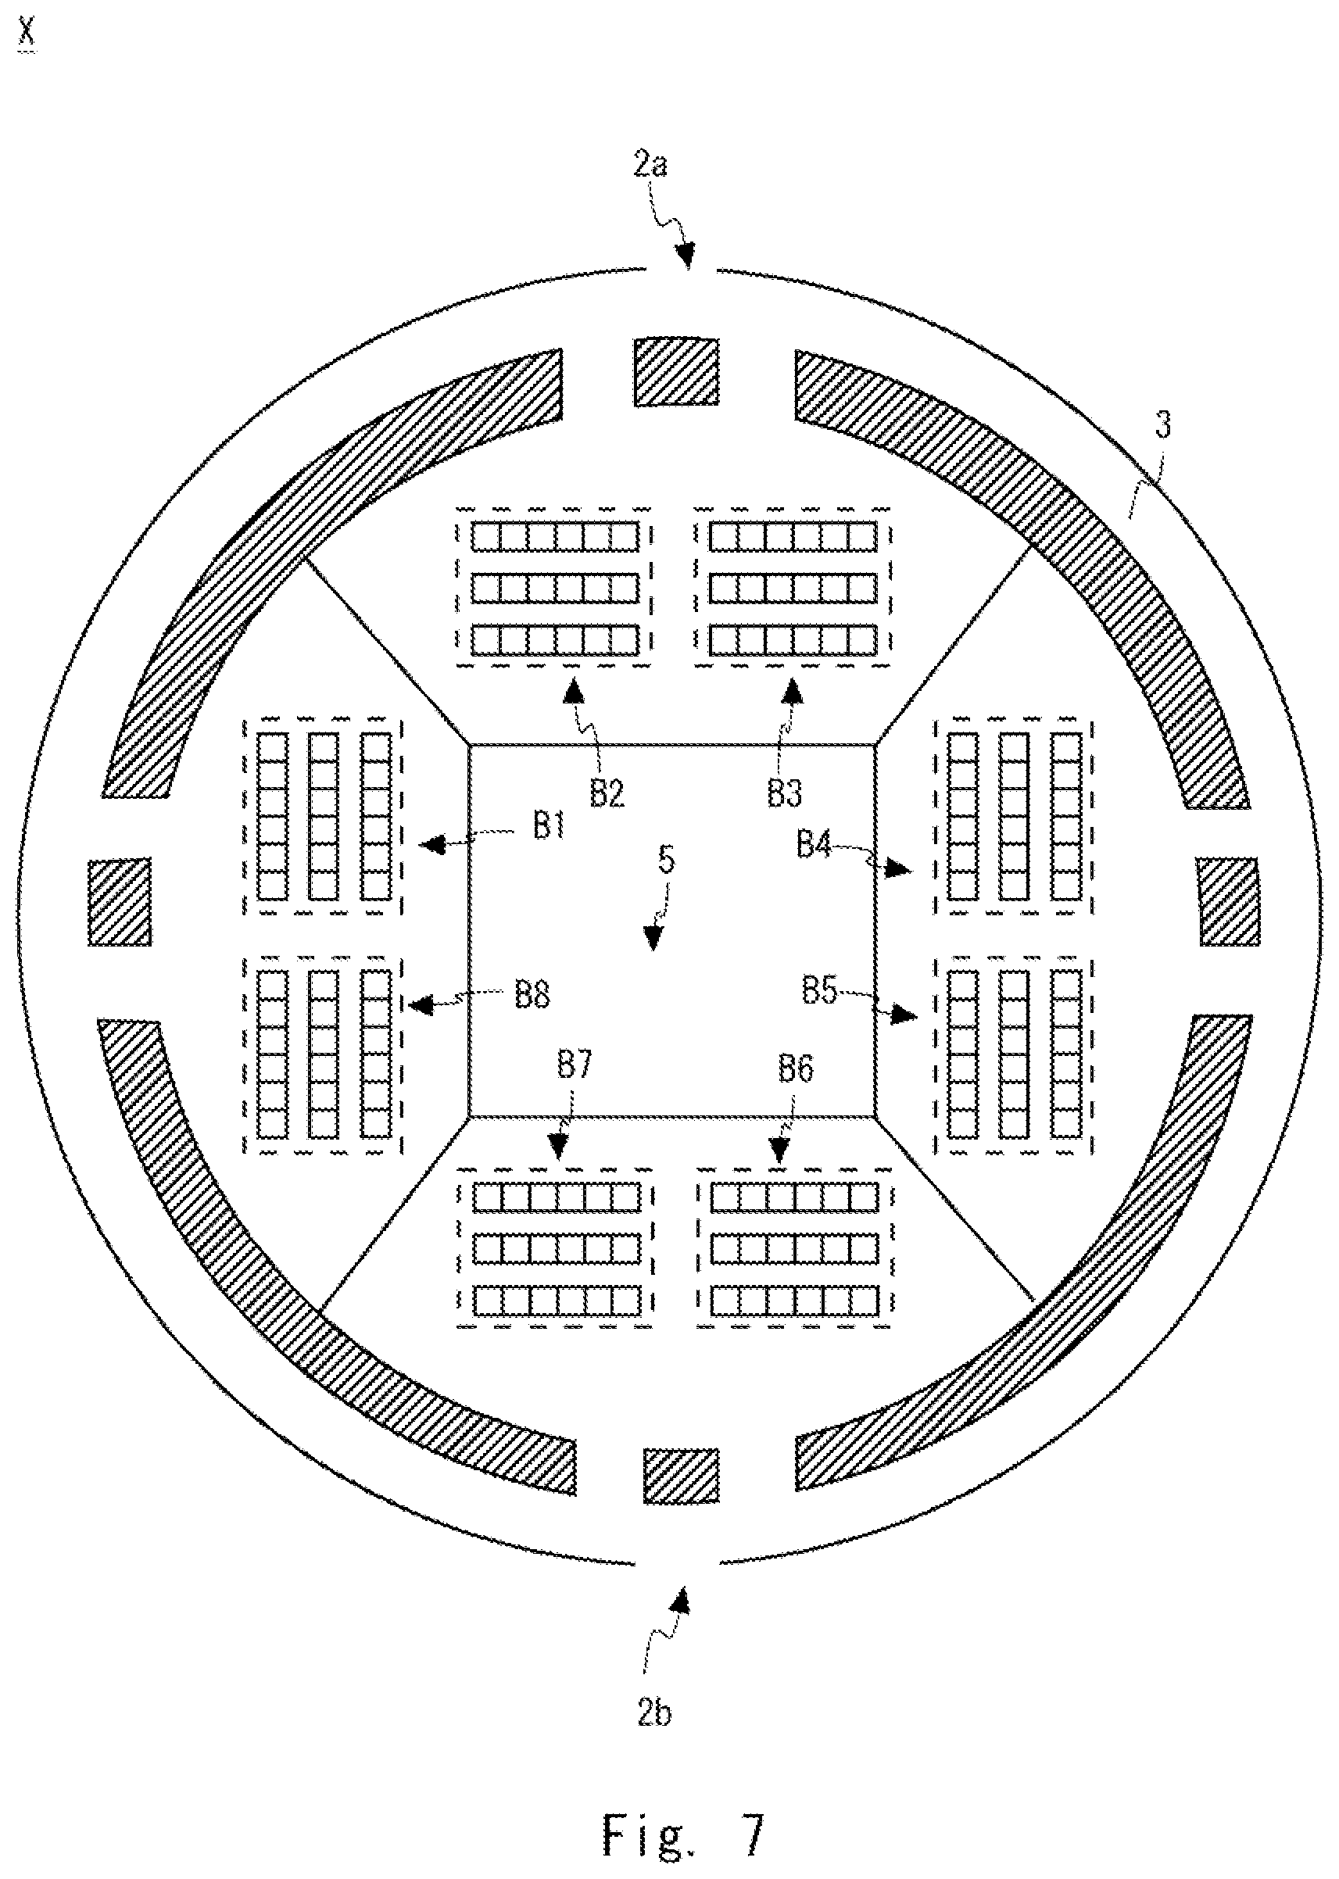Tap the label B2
click(607, 794)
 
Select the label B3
click(785, 794)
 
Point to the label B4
click(814, 845)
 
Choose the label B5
click(819, 990)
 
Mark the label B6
click(796, 1069)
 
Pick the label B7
click(575, 1065)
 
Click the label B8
click(532, 995)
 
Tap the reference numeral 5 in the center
click(666, 860)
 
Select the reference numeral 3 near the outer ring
click(1162, 426)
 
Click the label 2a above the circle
click(650, 165)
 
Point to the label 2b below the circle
click(653, 1714)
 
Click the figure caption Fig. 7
click(683, 1835)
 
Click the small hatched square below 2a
click(675, 371)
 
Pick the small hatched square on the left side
click(120, 902)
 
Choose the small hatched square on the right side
click(1228, 902)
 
